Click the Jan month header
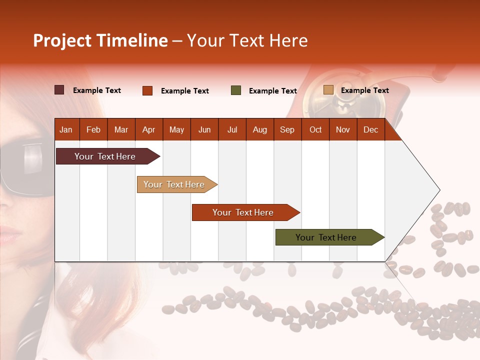pyautogui.click(x=66, y=130)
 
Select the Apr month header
pyautogui.click(x=148, y=130)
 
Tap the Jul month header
pyautogui.click(x=232, y=130)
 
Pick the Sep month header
pyautogui.click(x=287, y=130)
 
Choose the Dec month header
pyautogui.click(x=370, y=130)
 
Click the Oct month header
pyautogui.click(x=315, y=130)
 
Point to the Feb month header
pyautogui.click(x=93, y=130)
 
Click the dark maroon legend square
pyautogui.click(x=59, y=90)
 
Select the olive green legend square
pyautogui.click(x=236, y=90)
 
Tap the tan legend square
pyautogui.click(x=328, y=90)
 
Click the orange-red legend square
pyautogui.click(x=147, y=90)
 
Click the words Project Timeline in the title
pyautogui.click(x=100, y=40)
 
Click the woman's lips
pyautogui.click(x=9, y=234)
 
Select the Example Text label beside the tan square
pyautogui.click(x=364, y=90)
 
